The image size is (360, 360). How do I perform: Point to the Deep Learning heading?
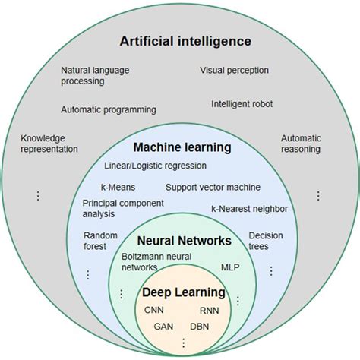[183, 292]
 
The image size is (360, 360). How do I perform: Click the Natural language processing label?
[95, 76]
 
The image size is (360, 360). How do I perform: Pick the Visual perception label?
[234, 71]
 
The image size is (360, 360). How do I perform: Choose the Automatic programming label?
[109, 109]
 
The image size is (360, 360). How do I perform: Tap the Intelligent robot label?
[242, 103]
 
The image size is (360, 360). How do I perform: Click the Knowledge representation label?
[49, 144]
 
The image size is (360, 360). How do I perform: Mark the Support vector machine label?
[213, 186]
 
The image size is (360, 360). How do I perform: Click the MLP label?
[229, 267]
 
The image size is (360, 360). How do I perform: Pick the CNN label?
[154, 310]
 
